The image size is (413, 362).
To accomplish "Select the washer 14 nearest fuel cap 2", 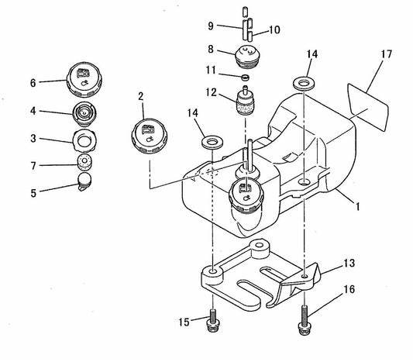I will tap(211, 143).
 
